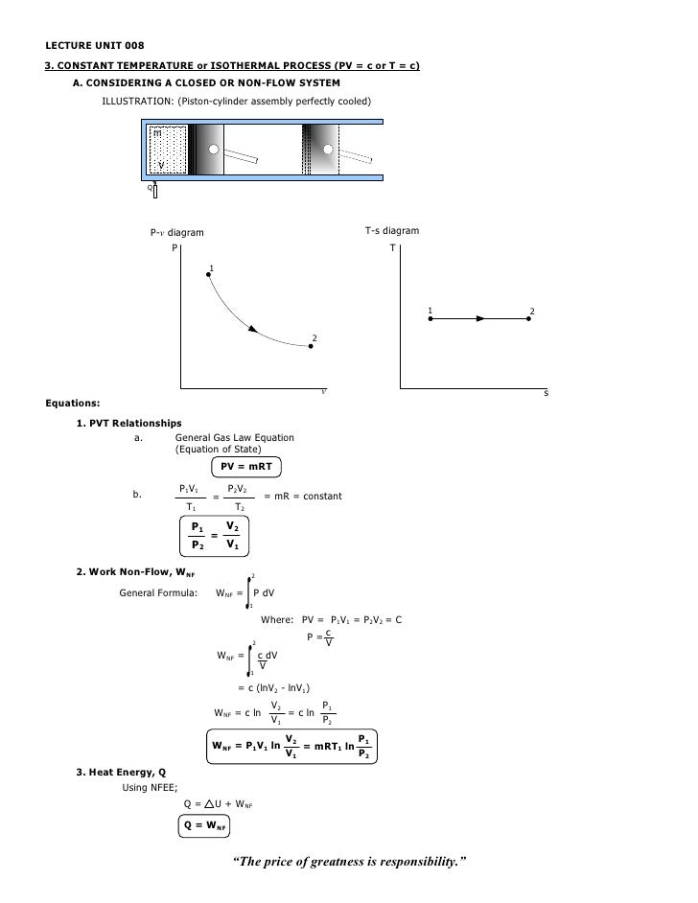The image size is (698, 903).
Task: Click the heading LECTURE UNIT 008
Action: click(x=95, y=45)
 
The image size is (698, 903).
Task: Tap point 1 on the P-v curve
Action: click(x=208, y=275)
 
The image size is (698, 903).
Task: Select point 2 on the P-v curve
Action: click(x=310, y=347)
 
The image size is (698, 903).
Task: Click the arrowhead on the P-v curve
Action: click(x=254, y=330)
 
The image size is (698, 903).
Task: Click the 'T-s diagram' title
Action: click(x=391, y=231)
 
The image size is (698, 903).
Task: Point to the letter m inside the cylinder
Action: click(x=156, y=133)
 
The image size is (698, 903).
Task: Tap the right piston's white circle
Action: click(x=328, y=150)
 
